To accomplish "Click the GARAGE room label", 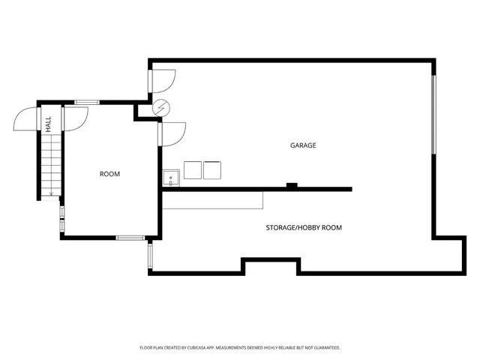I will point(303,145).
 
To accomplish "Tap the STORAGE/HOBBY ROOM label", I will point(304,227).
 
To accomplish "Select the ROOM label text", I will point(109,174).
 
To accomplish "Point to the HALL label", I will point(48,124).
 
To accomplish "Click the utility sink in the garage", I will point(171,178).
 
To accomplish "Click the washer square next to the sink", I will point(193,170).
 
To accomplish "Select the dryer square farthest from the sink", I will point(213,170).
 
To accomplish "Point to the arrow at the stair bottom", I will point(50,194).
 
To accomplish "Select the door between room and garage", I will point(172,133).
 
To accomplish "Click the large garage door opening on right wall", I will point(433,114).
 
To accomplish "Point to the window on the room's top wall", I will point(87,102).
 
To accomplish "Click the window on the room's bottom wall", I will point(130,238).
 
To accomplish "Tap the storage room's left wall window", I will point(150,255).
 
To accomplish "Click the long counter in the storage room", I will point(214,200).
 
